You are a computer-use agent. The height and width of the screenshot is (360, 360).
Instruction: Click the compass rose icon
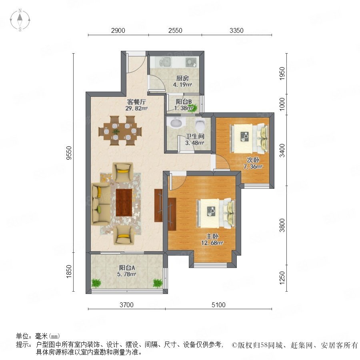(20, 20)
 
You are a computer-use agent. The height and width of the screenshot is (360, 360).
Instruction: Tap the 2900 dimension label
(118, 30)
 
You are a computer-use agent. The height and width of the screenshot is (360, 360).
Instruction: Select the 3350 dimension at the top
(236, 30)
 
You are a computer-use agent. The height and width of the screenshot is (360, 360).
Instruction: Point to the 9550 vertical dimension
(69, 153)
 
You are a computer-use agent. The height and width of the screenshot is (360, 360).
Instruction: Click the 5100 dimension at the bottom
(218, 305)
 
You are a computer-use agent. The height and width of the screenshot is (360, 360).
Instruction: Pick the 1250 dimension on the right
(282, 278)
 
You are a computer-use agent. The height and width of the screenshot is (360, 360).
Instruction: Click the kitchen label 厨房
(182, 78)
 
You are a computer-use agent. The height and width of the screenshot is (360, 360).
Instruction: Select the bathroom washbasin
(176, 123)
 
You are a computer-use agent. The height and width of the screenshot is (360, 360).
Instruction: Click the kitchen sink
(165, 62)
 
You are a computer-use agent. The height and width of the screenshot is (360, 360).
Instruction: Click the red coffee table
(124, 202)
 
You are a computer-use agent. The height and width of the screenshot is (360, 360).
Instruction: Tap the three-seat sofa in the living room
(100, 204)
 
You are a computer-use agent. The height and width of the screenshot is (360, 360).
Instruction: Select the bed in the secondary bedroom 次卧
(249, 138)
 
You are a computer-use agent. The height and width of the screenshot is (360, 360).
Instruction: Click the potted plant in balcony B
(192, 108)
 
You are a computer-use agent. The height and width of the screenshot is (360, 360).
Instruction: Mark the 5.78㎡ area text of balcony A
(127, 274)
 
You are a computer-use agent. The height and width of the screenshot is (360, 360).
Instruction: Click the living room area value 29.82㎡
(136, 108)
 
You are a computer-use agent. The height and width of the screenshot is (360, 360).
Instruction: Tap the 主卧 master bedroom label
(212, 236)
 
